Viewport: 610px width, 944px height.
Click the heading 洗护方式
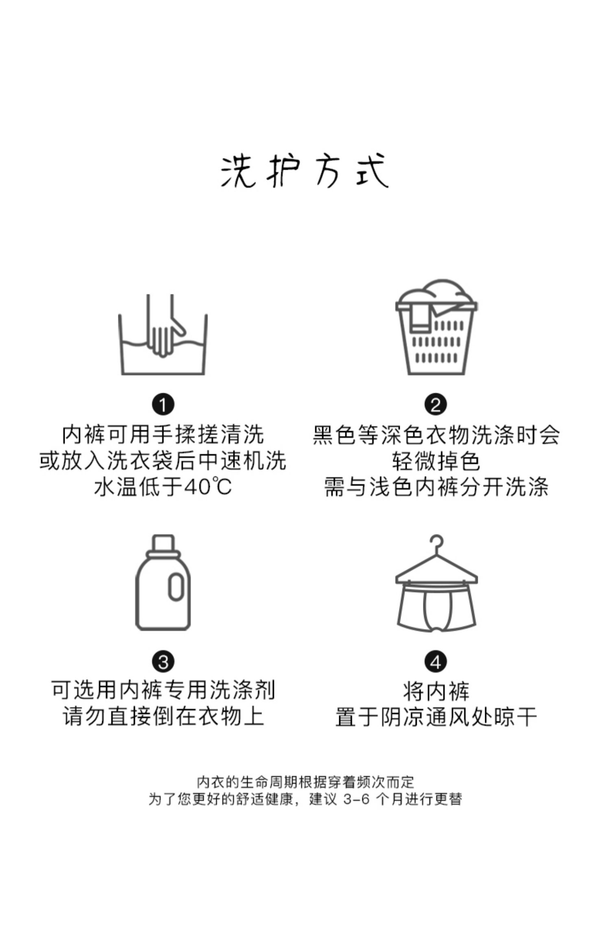coord(305,171)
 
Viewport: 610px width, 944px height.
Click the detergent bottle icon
coord(163,583)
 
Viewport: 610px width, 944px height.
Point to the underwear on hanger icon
coord(436,585)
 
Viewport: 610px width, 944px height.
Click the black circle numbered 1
coord(163,405)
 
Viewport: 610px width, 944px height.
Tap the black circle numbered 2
coord(436,405)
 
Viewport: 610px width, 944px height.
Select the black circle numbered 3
coord(163,662)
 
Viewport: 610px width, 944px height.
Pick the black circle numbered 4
coord(436,662)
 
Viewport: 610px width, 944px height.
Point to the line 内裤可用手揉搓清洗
coord(163,435)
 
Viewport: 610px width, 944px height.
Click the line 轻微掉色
coord(436,461)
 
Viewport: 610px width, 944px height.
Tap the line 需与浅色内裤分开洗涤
coord(436,487)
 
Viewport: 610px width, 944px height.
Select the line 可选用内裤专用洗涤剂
coord(163,690)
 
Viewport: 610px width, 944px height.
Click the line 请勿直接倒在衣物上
coord(163,716)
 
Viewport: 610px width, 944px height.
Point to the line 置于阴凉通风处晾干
coord(436,716)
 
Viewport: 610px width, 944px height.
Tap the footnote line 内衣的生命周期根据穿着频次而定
coord(305,781)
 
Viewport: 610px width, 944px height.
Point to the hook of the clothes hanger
coord(438,543)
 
